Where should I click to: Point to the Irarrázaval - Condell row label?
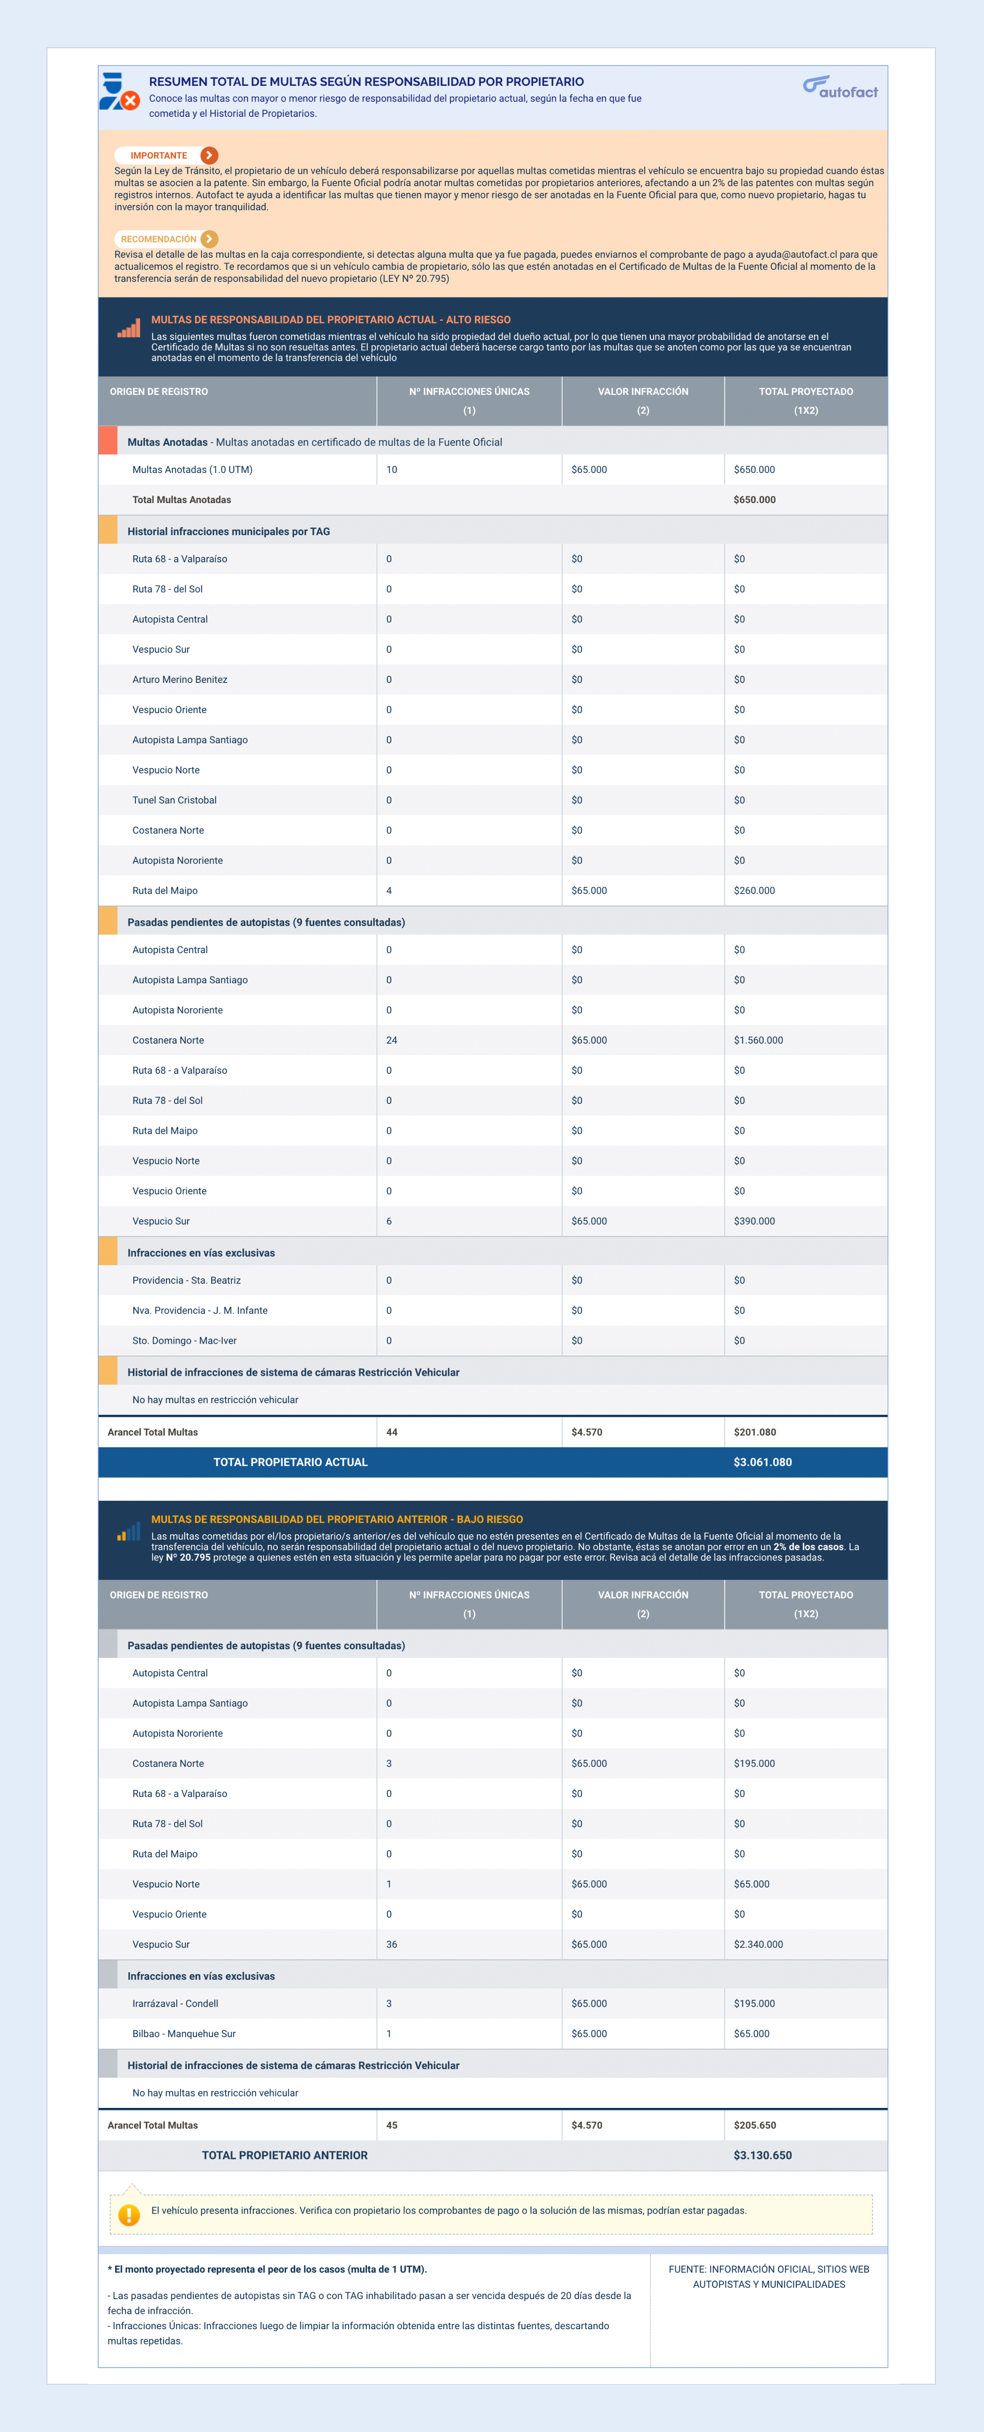176,2003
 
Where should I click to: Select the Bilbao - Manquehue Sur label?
184,2033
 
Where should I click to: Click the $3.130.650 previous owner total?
763,2155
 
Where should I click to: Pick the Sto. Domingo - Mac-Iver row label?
184,1341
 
